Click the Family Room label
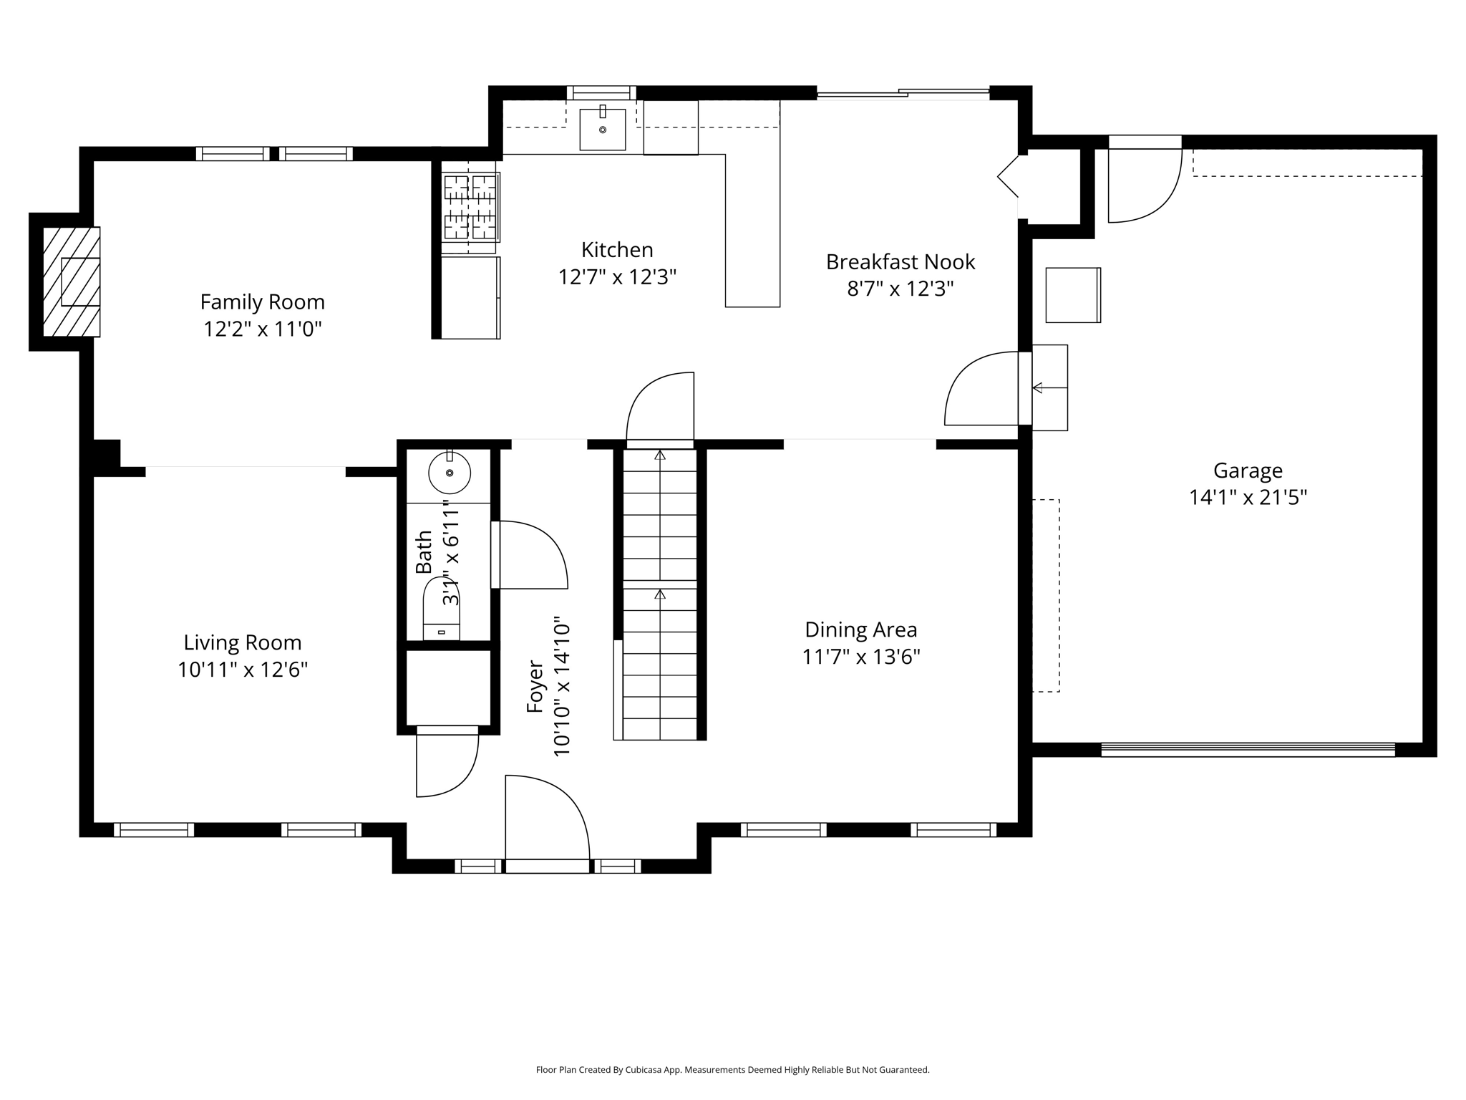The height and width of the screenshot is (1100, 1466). click(x=262, y=302)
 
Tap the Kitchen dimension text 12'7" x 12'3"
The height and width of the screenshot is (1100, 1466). click(x=617, y=277)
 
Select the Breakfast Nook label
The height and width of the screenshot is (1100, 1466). click(x=900, y=262)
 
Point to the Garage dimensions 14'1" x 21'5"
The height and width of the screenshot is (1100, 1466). click(x=1248, y=497)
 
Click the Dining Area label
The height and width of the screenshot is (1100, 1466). click(x=860, y=630)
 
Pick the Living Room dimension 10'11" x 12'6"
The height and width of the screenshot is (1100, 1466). click(x=243, y=670)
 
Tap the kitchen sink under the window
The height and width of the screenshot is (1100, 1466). click(x=602, y=129)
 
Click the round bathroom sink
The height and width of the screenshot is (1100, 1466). click(x=449, y=473)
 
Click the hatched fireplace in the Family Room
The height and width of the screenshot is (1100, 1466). click(x=72, y=281)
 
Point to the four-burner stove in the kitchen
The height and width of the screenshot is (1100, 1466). click(x=470, y=207)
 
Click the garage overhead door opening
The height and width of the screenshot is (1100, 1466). click(x=1247, y=750)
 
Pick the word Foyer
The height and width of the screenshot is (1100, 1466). click(x=535, y=687)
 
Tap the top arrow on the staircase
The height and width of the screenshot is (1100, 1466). click(x=660, y=455)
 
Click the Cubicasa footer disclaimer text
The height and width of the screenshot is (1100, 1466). click(x=732, y=1070)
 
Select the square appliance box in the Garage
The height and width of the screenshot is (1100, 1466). click(x=1072, y=295)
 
